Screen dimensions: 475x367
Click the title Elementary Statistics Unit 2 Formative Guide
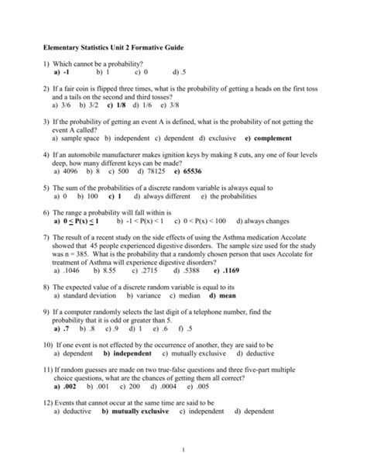click(x=119, y=48)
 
